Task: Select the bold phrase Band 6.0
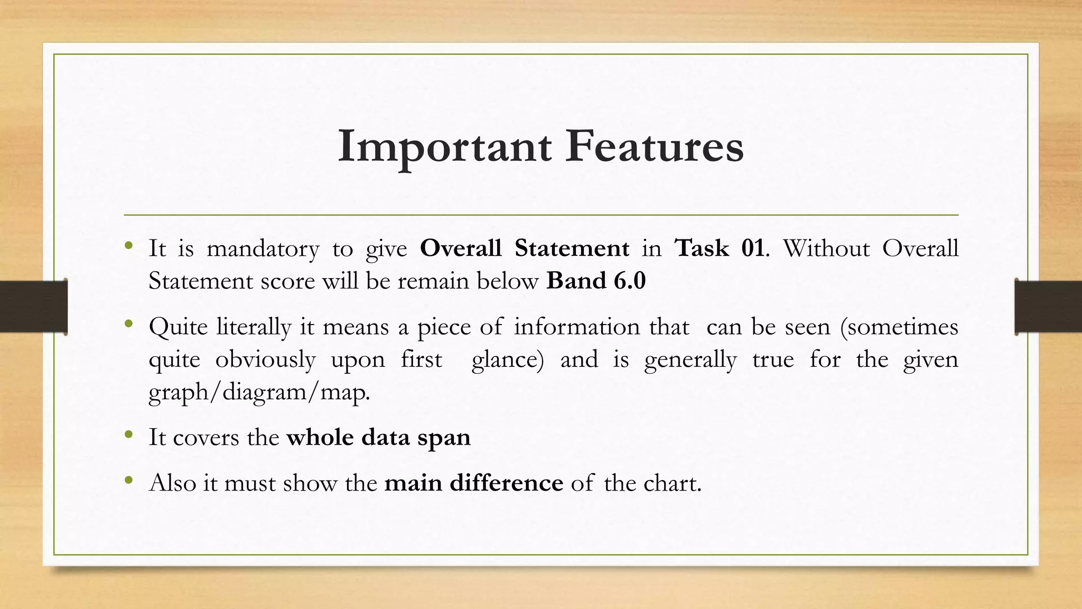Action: [596, 281]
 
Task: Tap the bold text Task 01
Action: [719, 248]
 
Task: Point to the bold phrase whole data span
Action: [378, 438]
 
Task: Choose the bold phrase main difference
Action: [473, 483]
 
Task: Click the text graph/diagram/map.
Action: [259, 392]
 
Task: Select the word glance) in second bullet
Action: [507, 360]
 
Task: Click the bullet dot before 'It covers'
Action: [128, 435]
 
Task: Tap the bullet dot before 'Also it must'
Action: [128, 481]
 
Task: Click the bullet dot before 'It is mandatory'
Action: [128, 246]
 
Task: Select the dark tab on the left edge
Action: [33, 307]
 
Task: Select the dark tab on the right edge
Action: [1048, 307]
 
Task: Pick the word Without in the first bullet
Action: [826, 248]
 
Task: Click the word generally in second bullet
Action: [690, 360]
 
